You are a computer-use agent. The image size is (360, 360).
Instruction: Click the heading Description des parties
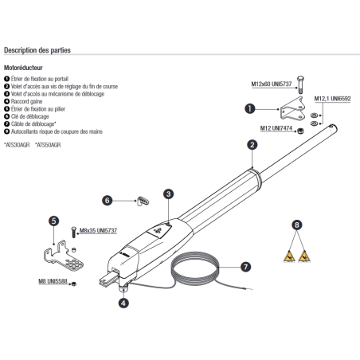point(37,50)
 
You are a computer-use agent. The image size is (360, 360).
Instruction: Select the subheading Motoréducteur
point(23,68)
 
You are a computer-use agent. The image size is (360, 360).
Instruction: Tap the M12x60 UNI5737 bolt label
point(272,84)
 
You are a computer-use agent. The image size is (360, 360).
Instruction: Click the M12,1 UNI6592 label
point(332,99)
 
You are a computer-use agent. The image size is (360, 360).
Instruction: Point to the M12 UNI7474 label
point(276,128)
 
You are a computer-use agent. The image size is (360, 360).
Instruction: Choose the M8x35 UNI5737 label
point(98,230)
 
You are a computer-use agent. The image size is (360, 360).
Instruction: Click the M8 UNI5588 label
point(53,281)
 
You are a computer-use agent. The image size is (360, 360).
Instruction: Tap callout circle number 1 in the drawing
point(249,108)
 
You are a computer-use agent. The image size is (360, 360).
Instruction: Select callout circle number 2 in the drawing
point(252,145)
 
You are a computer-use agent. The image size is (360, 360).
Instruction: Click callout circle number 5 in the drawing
point(54,221)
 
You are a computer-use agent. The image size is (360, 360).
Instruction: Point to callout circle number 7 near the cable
point(245,267)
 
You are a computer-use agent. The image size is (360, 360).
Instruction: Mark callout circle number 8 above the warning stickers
point(297,225)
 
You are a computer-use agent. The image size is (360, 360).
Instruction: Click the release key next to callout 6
point(143,201)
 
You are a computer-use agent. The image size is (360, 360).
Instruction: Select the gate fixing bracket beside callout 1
point(292,109)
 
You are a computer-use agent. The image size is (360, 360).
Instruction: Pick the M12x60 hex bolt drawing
point(300,84)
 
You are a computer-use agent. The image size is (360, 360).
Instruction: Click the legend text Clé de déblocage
point(30,116)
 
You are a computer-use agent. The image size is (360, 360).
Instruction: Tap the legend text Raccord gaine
point(26,101)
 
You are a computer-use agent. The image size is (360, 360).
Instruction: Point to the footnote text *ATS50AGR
point(48,145)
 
